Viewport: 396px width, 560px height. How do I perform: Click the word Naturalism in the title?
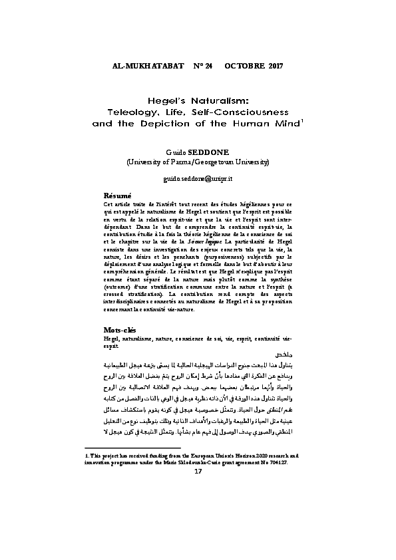pos(212,98)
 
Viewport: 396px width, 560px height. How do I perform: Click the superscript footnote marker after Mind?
pos(303,120)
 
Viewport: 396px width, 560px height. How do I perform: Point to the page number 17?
pos(197,527)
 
